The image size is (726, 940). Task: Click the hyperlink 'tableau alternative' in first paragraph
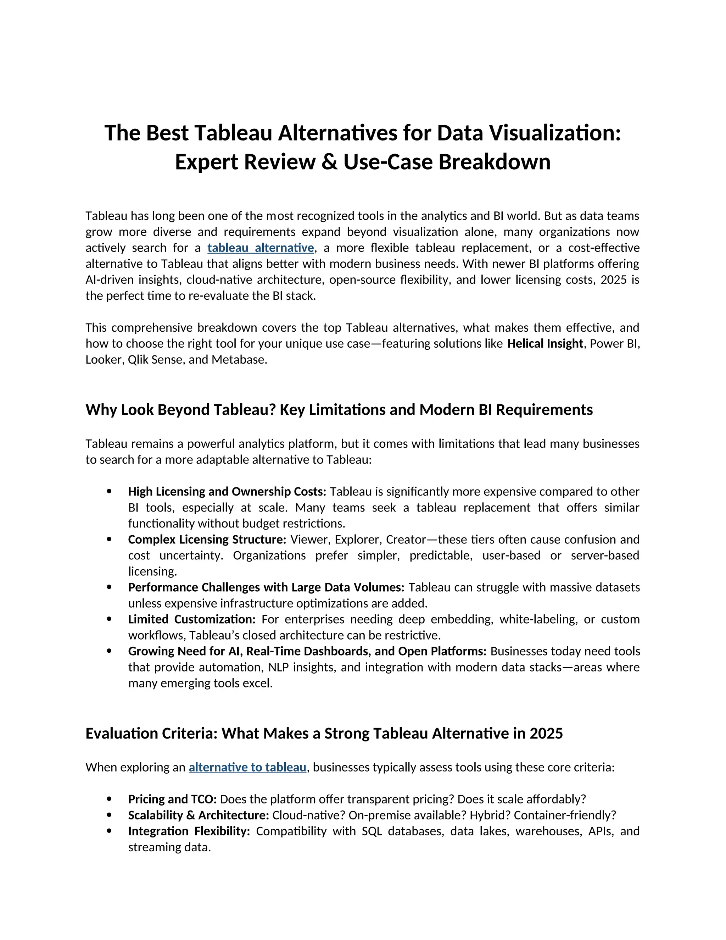[x=260, y=248]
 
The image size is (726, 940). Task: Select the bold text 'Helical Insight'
[x=545, y=343]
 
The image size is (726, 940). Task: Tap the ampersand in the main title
[x=329, y=162]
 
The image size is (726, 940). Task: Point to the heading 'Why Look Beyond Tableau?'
[x=181, y=410]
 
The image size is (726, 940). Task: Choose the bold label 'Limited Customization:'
[x=191, y=619]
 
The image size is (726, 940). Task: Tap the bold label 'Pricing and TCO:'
[x=173, y=799]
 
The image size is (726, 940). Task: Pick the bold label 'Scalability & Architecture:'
[x=198, y=815]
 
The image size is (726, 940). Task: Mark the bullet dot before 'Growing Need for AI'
[x=109, y=651]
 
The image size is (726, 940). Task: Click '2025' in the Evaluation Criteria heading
[x=546, y=734]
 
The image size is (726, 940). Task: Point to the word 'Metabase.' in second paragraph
[x=239, y=360]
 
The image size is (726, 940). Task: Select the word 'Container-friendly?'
[x=565, y=815]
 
